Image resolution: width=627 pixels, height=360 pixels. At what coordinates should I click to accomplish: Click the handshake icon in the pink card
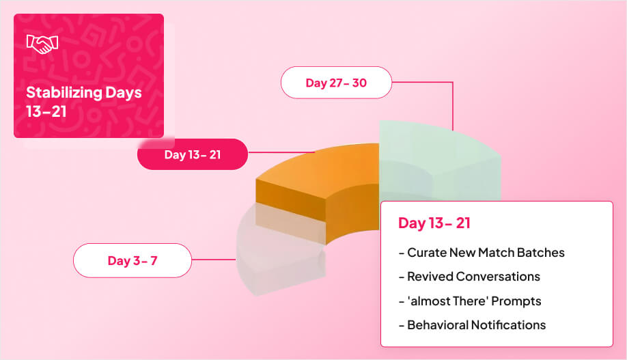(42, 44)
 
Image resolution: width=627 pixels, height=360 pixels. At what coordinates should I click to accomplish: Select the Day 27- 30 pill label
(336, 83)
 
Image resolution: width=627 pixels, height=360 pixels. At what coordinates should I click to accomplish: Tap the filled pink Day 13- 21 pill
(192, 155)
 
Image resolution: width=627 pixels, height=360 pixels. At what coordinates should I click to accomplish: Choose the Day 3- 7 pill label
(132, 260)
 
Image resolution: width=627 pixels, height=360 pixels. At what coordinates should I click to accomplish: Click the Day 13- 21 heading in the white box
(434, 223)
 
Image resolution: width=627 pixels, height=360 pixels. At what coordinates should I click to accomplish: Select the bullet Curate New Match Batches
(482, 253)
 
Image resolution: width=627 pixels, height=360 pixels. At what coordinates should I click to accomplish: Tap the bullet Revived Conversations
(469, 277)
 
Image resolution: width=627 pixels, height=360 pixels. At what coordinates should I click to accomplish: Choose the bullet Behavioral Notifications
(472, 325)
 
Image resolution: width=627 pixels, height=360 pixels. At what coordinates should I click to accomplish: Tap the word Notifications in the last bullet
(508, 325)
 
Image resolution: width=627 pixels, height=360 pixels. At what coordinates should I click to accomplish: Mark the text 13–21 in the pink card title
(46, 111)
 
